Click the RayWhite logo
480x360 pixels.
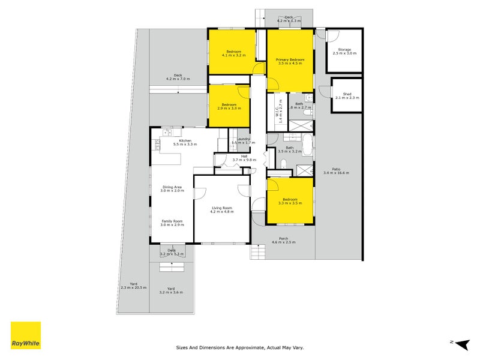point(26,336)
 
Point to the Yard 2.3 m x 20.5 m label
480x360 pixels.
point(133,286)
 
